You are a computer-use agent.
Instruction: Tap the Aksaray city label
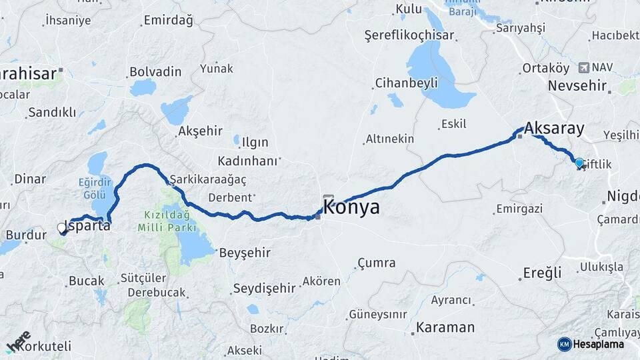point(554,128)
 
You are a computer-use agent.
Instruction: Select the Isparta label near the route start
point(87,225)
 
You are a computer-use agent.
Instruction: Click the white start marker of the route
point(62,228)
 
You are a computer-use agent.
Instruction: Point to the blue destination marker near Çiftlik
point(579,163)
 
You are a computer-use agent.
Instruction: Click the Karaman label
point(445,327)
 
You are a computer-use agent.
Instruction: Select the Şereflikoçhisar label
point(409,35)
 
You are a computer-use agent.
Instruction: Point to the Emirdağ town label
point(168,21)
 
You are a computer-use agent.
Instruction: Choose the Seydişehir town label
point(264,288)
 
